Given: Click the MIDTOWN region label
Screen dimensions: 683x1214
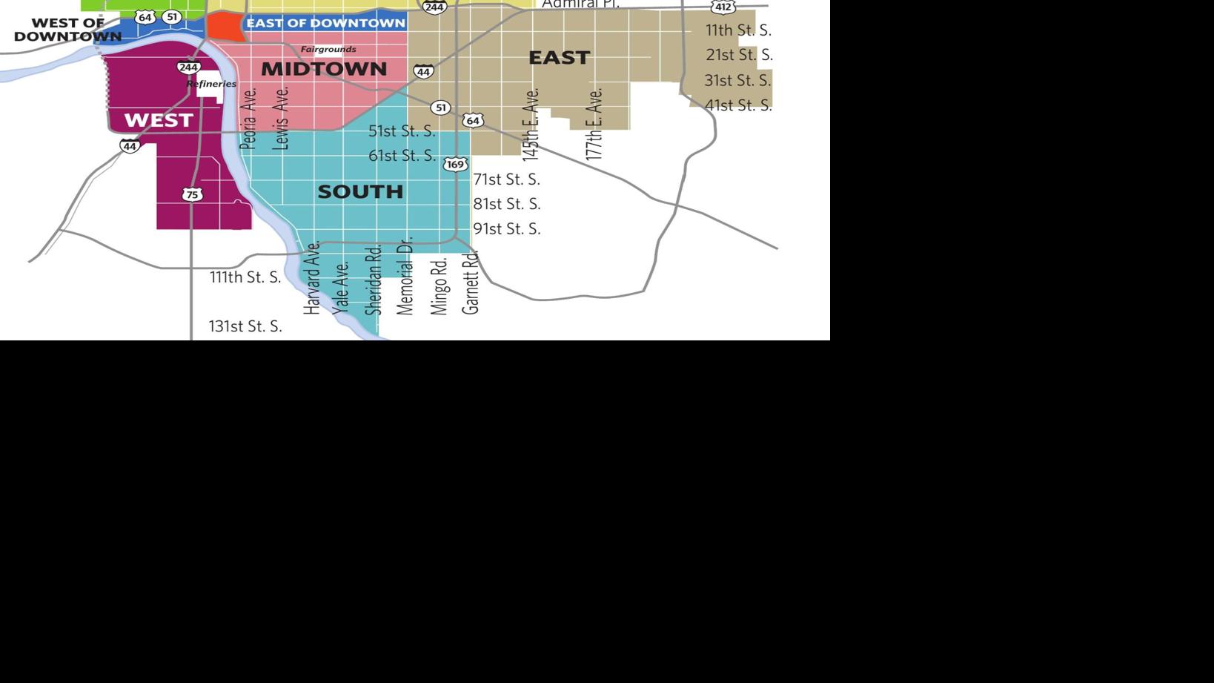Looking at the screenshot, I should click(324, 69).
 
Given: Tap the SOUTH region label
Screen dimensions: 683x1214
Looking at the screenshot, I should click(360, 191).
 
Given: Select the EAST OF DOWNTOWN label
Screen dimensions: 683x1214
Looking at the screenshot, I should click(325, 23).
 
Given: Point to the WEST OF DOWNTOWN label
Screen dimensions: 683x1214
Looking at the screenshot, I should click(67, 30).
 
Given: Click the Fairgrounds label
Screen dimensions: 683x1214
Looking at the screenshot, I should click(328, 50).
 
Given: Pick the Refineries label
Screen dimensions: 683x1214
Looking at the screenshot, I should click(211, 84).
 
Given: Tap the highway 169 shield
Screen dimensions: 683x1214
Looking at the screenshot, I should click(455, 165).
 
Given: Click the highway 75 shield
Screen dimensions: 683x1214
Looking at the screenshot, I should click(192, 195).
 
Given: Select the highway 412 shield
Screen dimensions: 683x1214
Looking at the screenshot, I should click(723, 7).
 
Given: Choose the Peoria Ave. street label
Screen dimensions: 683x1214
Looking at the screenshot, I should click(249, 119).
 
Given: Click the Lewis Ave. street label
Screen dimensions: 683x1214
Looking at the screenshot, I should click(281, 119).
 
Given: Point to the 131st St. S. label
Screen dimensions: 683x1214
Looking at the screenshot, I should click(245, 326).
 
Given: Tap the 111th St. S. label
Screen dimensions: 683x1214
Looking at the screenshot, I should click(245, 277).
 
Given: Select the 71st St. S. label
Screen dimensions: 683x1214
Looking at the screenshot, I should click(507, 179).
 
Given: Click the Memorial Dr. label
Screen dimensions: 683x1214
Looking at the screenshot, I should click(405, 276).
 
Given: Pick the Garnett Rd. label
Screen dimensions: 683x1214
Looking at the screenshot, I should click(471, 283).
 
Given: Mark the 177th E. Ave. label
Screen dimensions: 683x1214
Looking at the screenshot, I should click(594, 124).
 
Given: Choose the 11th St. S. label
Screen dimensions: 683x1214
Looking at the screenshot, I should click(738, 30).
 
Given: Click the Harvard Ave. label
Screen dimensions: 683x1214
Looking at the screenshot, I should click(312, 277).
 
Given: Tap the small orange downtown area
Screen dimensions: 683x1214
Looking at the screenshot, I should click(225, 26).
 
